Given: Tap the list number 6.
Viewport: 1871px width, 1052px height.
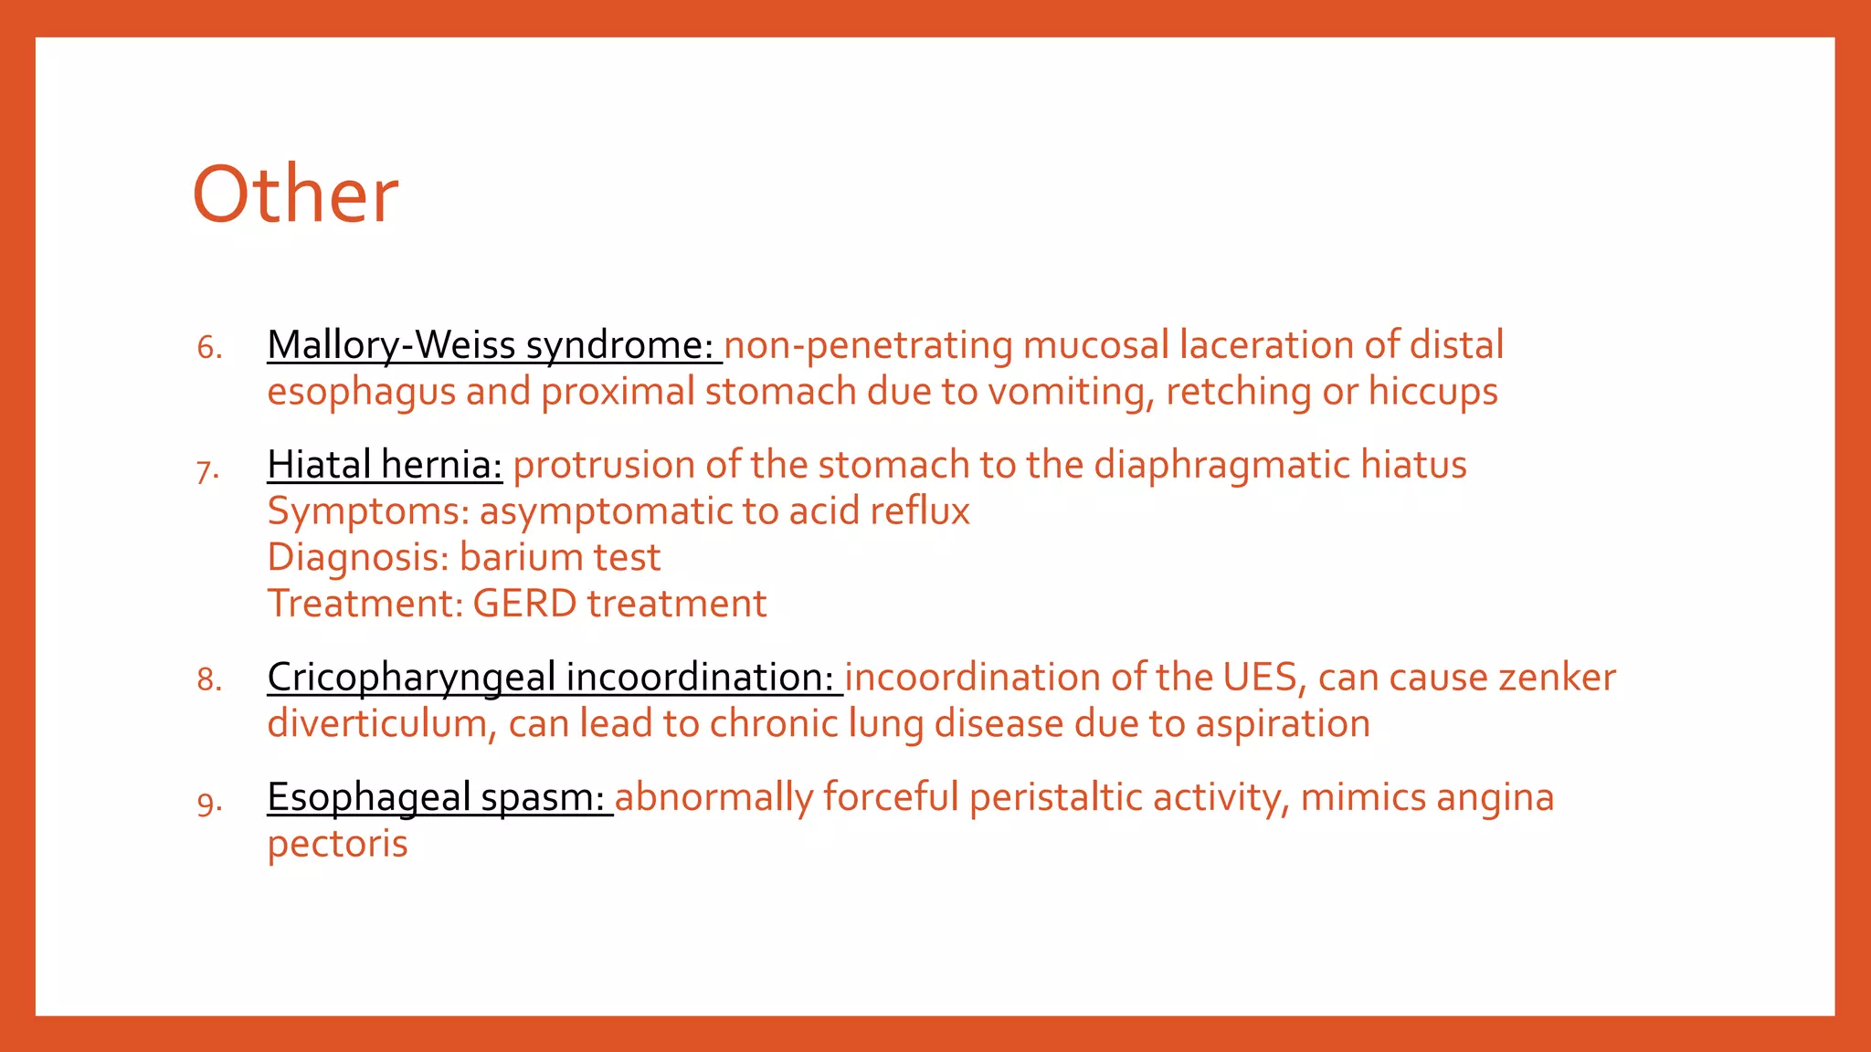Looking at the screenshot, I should tap(209, 348).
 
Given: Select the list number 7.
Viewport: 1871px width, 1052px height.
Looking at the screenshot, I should tap(207, 470).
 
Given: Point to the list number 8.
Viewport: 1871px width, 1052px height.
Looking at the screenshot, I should tap(209, 680).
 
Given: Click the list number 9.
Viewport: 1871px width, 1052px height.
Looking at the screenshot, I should tap(209, 804).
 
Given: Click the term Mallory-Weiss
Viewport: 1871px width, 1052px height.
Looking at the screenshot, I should tap(391, 345).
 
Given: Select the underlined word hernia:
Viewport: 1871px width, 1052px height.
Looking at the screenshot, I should tap(442, 465).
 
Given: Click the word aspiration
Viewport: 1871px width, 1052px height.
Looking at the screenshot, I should tap(1283, 724).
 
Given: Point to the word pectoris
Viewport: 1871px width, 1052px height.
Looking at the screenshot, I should tap(337, 845).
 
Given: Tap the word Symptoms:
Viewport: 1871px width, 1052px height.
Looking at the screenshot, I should tap(368, 512).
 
